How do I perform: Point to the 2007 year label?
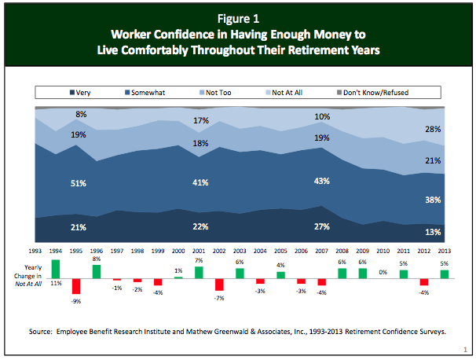321,250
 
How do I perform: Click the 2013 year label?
444,250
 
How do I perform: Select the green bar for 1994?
56,269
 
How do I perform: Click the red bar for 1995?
76,285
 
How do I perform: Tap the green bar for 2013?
444,274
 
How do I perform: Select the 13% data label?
434,232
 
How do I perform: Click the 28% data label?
434,129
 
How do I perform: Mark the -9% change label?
76,300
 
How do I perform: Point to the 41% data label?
199,183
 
